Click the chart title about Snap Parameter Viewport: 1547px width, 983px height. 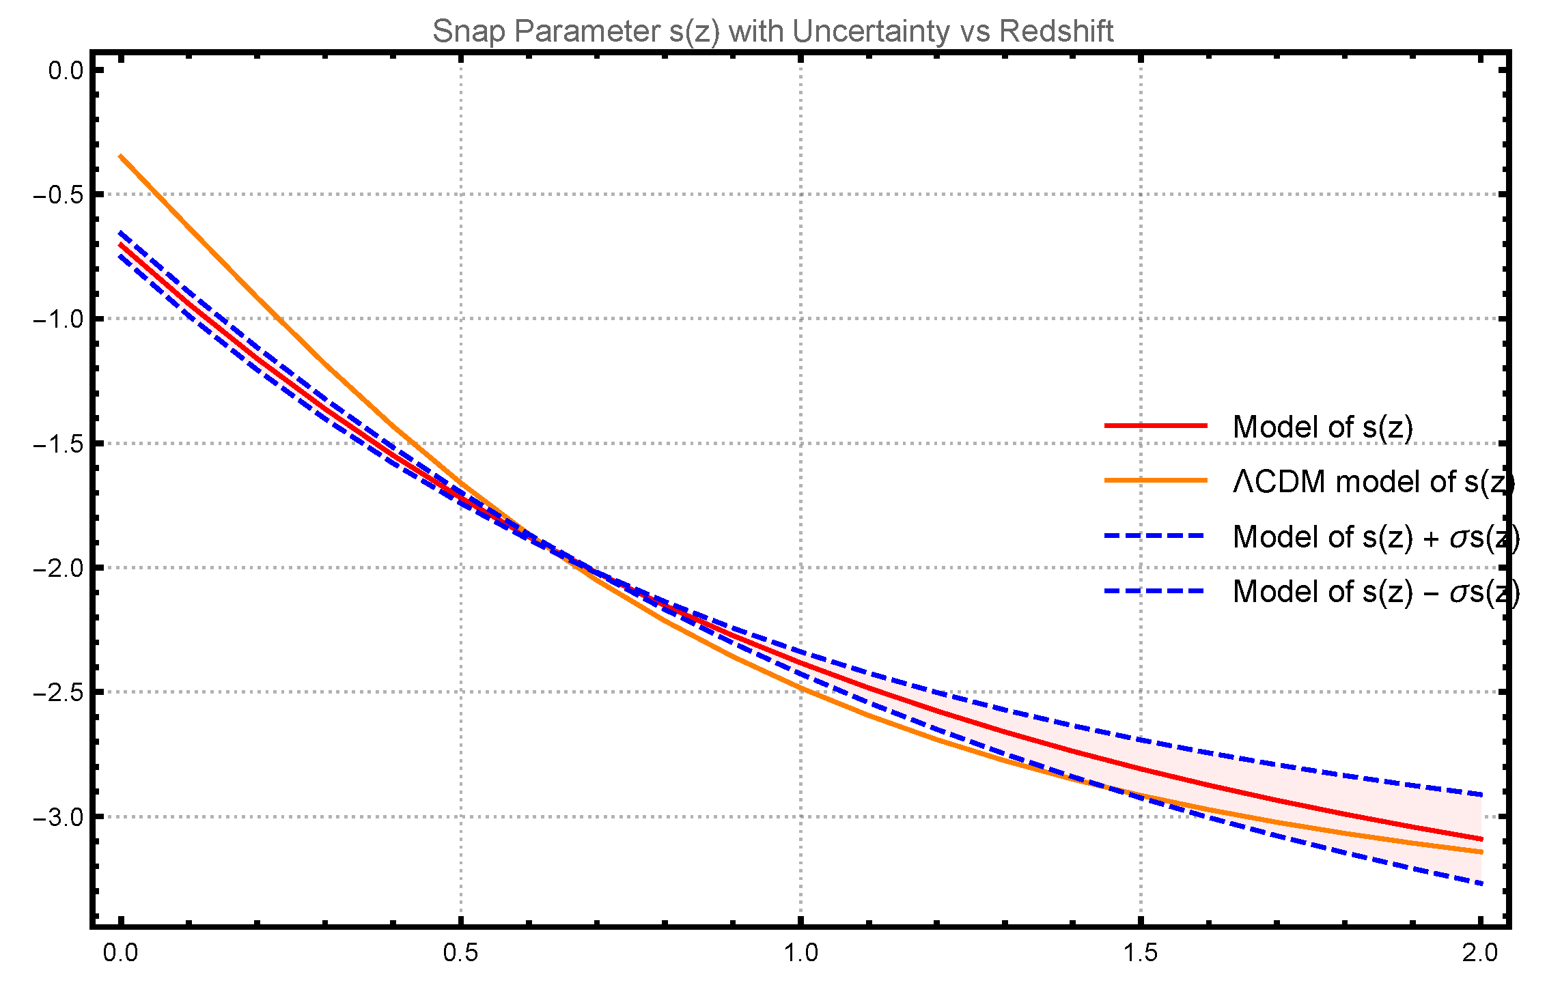tap(772, 31)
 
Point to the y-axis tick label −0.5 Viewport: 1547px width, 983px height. tap(58, 195)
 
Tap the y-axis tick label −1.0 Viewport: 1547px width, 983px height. tap(58, 319)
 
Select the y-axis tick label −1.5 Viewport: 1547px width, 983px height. tap(58, 444)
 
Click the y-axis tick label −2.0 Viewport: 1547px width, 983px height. tap(58, 568)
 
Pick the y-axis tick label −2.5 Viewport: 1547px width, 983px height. tap(58, 692)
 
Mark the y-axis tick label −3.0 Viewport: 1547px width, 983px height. tap(58, 816)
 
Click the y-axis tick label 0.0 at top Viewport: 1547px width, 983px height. tap(66, 70)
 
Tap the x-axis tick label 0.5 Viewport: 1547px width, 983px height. tap(460, 953)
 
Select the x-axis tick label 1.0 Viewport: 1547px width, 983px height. tap(800, 953)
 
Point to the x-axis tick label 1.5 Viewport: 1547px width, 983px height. tap(1141, 953)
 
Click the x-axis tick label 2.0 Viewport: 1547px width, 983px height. tap(1480, 953)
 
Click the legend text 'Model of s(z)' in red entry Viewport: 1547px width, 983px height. tap(1322, 427)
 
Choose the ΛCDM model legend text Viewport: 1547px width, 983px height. tap(1373, 482)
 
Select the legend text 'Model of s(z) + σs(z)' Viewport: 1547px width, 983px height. tap(1376, 537)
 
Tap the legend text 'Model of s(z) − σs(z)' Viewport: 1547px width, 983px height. tap(1376, 592)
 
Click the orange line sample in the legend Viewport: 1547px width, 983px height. tap(1156, 481)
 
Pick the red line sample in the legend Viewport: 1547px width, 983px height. tap(1156, 425)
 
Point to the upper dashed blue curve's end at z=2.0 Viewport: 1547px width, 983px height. tap(1481, 795)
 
